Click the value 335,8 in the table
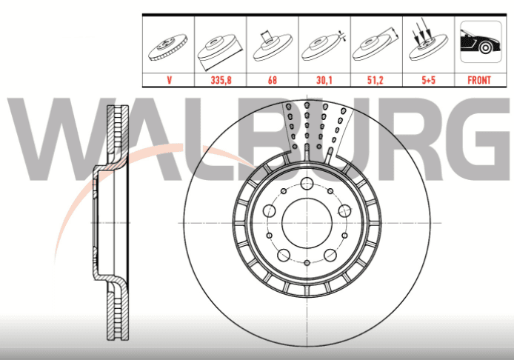pos(221,80)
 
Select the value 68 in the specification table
pos(272,80)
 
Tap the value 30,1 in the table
pos(324,80)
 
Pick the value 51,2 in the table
pos(376,80)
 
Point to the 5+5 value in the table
pos(428,80)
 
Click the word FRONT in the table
pos(479,80)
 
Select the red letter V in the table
pos(169,80)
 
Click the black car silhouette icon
pos(481,41)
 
